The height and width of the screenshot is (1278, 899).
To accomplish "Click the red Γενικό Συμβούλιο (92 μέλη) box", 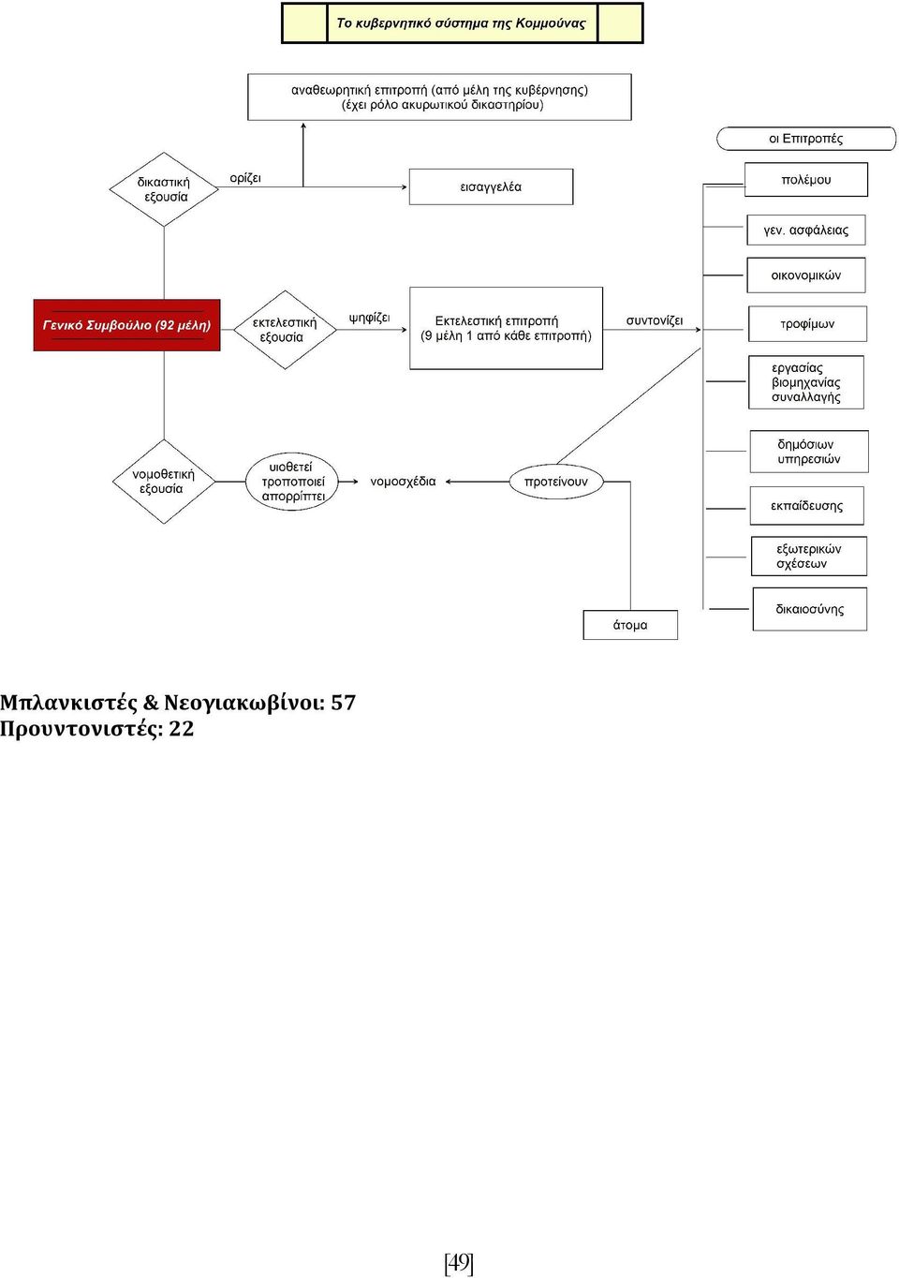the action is click(x=126, y=324).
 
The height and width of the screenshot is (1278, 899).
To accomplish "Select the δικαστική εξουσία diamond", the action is click(x=164, y=189).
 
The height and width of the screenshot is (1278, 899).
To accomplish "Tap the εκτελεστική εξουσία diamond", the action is click(x=285, y=330).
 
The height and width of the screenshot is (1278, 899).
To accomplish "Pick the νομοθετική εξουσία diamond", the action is click(x=164, y=482).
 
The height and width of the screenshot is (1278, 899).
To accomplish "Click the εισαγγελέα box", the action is click(x=491, y=186).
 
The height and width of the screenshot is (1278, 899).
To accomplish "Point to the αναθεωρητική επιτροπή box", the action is click(x=439, y=97).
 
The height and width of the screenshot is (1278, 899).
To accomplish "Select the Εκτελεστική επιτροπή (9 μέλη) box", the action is click(x=507, y=328).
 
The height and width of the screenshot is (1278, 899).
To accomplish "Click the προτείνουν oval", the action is click(x=556, y=482).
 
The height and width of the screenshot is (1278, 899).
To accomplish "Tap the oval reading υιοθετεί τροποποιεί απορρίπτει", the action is click(x=292, y=482).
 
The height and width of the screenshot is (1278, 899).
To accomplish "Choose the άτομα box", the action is click(x=630, y=625).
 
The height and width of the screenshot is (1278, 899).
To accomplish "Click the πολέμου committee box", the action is click(x=806, y=180).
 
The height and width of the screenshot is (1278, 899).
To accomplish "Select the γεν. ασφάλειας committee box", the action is click(x=806, y=230).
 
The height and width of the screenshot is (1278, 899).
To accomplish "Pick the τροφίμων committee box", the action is click(x=808, y=324).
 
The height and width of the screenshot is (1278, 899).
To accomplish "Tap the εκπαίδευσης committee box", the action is click(x=806, y=506).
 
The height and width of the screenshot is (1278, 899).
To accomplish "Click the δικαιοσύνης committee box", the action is click(x=810, y=609).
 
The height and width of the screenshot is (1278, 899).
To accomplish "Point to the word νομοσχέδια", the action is click(x=403, y=482).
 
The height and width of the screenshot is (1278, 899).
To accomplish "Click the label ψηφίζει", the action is click(x=369, y=319).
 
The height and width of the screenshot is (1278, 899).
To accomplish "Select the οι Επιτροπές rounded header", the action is click(x=806, y=139).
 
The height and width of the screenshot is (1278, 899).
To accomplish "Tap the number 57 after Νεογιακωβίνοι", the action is click(x=343, y=703).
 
